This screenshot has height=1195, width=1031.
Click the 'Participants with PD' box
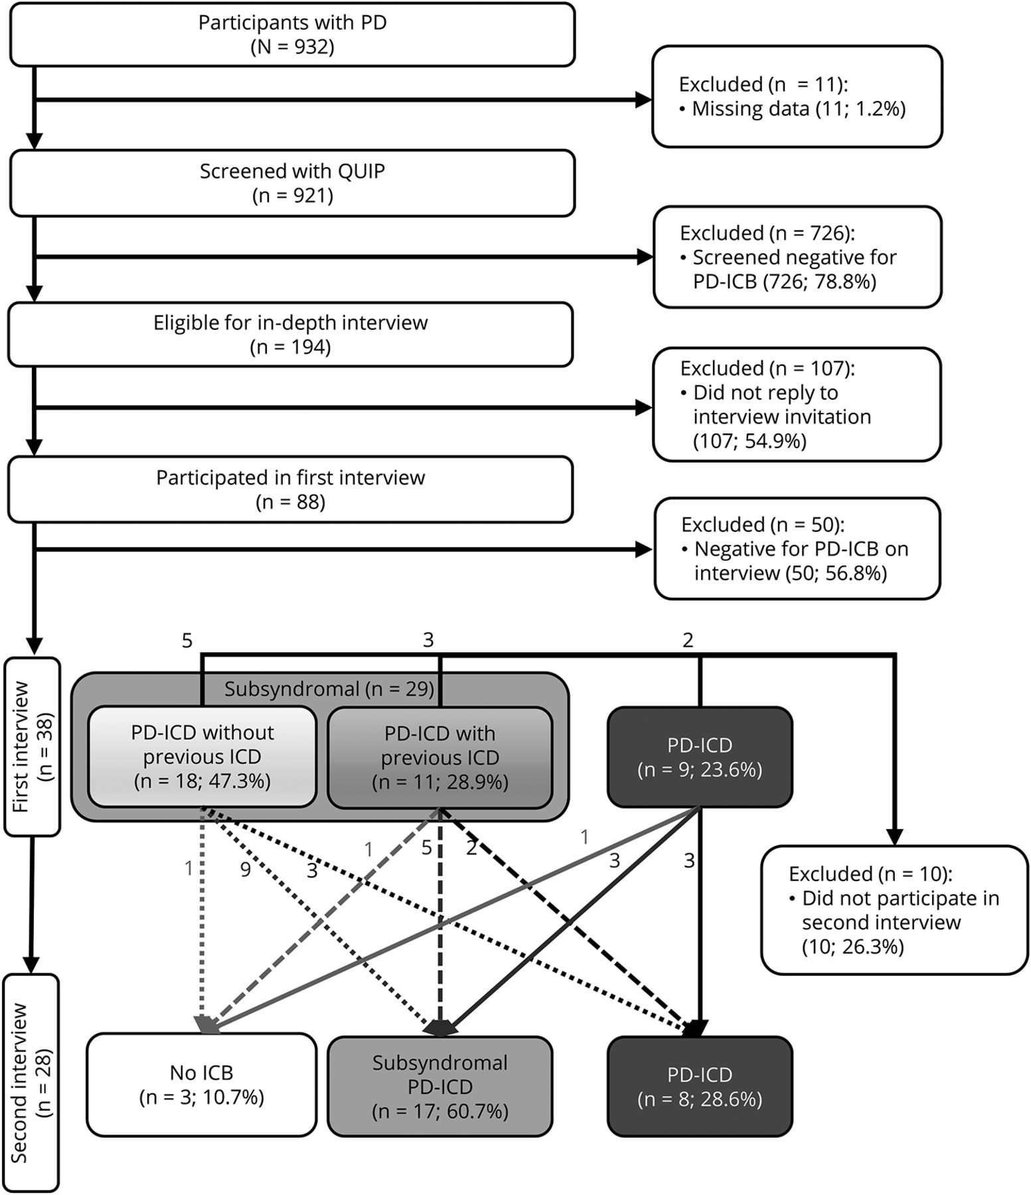point(292,35)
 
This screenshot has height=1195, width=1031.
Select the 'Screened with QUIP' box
point(292,183)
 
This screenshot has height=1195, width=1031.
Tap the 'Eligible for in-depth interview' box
point(291,335)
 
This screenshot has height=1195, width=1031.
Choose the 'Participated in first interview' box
point(291,489)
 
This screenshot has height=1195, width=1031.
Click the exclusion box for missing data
point(797,96)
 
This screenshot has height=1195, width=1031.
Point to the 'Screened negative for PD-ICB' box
point(797,257)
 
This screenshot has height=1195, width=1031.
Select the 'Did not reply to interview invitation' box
point(797,404)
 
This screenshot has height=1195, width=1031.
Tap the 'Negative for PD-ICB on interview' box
point(797,549)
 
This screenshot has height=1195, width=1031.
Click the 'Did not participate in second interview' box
point(894,910)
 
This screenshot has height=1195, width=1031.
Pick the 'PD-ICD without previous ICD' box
point(202,757)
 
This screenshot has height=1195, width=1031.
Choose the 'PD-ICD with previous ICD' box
point(439,757)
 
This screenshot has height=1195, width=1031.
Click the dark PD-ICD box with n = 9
point(700,757)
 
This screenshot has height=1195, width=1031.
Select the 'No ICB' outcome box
point(202,1085)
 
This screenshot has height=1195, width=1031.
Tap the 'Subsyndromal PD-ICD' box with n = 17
point(439,1086)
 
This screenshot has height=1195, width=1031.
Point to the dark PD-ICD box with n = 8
point(700,1086)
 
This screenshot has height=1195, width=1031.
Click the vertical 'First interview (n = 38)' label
point(32,746)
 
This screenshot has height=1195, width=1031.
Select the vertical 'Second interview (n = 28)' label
point(31,1082)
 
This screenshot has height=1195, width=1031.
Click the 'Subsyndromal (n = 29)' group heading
point(329,689)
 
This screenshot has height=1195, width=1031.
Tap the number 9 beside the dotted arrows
point(246,870)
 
